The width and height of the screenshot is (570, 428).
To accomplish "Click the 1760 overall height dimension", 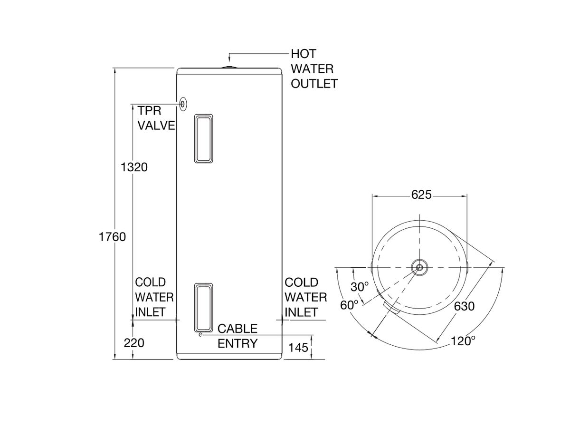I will click(x=112, y=236).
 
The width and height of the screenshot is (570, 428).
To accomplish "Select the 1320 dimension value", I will click(x=134, y=167).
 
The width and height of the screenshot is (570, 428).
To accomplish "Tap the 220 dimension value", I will click(x=134, y=343).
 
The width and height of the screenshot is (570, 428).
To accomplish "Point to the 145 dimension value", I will click(x=298, y=348).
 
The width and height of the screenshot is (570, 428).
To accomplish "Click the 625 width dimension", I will click(x=421, y=195).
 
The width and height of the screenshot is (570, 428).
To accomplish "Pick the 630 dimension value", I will click(x=464, y=306).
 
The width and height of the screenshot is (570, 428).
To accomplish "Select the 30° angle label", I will click(x=360, y=287).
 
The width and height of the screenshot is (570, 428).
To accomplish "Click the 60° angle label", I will click(x=349, y=305).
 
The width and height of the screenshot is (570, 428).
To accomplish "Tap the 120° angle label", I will click(x=463, y=340).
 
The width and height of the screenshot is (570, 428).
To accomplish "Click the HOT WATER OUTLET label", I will click(x=314, y=69).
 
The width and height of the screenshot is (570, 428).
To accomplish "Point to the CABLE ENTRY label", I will click(x=237, y=336).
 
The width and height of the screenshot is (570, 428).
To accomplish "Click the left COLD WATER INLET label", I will click(x=154, y=297).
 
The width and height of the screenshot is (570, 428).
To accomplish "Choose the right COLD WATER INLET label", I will click(x=305, y=297).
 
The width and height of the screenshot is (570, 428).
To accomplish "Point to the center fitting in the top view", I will click(x=419, y=267).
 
